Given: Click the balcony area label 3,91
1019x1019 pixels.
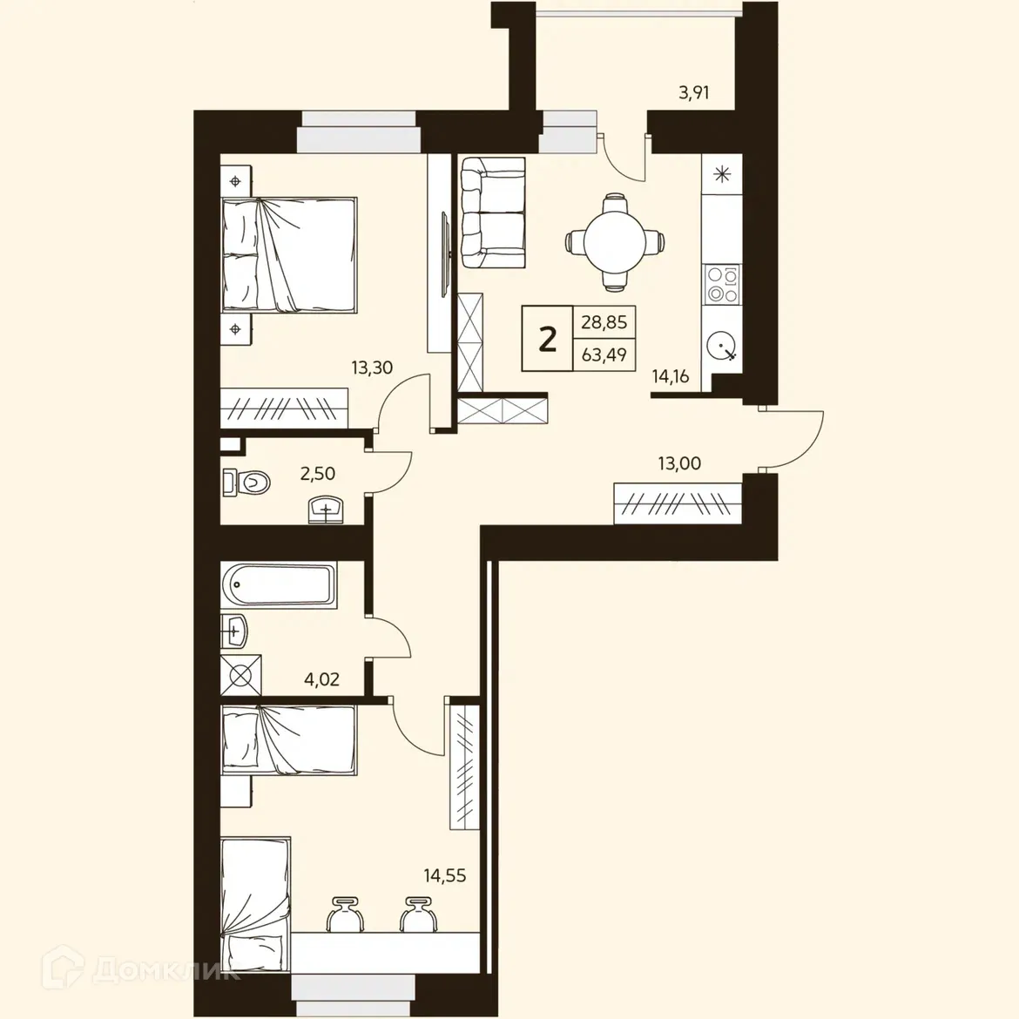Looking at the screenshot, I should [x=693, y=92].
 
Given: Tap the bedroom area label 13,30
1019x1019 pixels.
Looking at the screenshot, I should [x=372, y=368].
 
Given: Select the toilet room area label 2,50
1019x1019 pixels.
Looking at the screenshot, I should [x=317, y=474].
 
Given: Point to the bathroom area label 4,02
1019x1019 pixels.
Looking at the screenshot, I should [x=321, y=679].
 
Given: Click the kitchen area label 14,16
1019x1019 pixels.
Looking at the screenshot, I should [x=671, y=377].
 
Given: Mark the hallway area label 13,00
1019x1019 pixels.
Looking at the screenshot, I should [x=679, y=463].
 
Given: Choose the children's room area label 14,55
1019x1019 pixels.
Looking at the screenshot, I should [x=445, y=875].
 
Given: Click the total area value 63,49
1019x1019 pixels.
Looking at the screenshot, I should [x=604, y=355].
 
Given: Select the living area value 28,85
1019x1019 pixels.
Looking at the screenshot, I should [x=604, y=322].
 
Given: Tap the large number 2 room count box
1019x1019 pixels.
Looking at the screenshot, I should [x=547, y=339].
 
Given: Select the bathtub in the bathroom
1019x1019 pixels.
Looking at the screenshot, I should [x=279, y=584].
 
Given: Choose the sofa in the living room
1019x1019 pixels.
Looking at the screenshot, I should [x=492, y=213].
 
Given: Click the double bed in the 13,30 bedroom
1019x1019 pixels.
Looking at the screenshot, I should [x=289, y=253].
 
